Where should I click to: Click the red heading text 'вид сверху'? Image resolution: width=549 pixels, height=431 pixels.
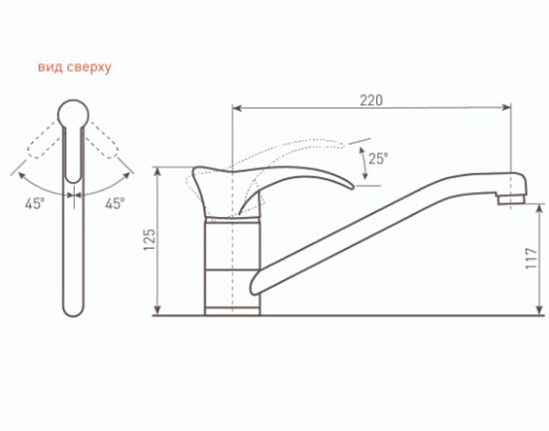point(74,67)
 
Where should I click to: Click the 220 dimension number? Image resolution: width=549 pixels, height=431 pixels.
point(371,101)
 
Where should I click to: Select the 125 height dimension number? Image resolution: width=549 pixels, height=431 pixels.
point(149,240)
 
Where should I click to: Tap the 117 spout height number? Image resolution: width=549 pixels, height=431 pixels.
point(531,258)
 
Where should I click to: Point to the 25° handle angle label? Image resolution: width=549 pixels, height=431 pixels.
point(378,158)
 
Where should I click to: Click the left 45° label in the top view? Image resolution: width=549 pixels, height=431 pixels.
point(35,203)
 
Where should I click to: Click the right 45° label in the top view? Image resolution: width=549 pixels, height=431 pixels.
point(115,203)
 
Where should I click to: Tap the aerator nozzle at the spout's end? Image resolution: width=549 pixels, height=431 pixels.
point(511,199)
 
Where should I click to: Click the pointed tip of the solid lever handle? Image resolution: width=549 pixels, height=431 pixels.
point(352,187)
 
